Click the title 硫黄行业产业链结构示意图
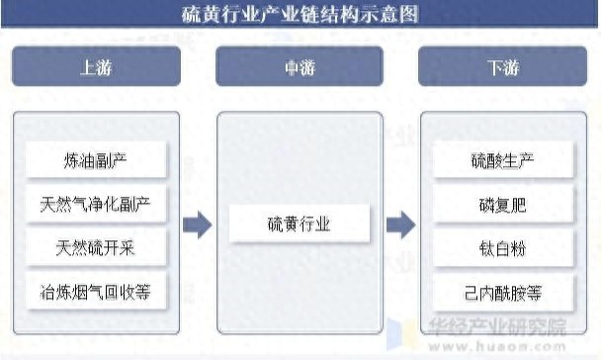300,15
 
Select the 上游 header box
96,66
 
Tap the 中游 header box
300,66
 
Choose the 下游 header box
502,66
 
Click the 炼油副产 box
96,160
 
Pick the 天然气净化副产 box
96,204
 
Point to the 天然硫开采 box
96,247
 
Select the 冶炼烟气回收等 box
96,292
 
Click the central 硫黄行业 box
300,224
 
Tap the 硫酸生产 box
503,160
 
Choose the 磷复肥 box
503,204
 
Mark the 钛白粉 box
503,248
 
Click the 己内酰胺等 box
503,293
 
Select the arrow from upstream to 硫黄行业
198,225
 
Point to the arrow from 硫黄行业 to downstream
400,225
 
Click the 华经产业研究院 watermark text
497,327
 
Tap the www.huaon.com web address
497,346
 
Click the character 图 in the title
408,15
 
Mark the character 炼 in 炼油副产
72,160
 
